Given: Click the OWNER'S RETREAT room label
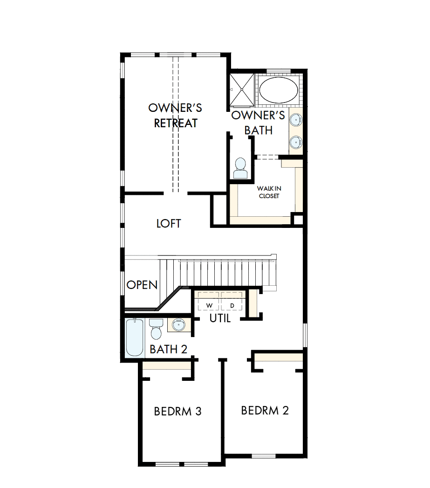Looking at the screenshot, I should tap(175, 116).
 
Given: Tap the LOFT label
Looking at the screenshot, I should tap(169, 224).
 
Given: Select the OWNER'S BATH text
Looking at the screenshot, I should tap(258, 123).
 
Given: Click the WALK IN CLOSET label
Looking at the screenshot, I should tap(269, 192).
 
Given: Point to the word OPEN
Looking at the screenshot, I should tap(142, 285).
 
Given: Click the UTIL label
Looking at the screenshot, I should tap(220, 319).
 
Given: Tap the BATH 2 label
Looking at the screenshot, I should tap(169, 349).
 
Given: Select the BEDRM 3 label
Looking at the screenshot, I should tap(177, 412).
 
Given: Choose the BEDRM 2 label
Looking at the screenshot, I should tap(265, 410).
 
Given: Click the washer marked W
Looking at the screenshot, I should tap(209, 305).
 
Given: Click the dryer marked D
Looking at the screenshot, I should tap(232, 305).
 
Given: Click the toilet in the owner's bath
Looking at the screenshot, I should tap(241, 168).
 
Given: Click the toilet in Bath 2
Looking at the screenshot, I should tap(156, 329).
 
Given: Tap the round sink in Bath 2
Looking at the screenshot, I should tap(177, 325).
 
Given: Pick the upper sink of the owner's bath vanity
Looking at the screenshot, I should tap(295, 120).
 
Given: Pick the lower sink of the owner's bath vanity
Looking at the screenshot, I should tap(295, 142).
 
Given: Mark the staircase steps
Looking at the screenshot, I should tap(219, 273).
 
